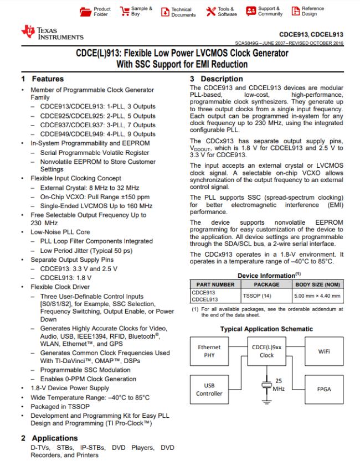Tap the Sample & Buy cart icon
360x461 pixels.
point(123,11)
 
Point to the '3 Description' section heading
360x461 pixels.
point(213,79)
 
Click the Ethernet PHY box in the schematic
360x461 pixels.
point(209,351)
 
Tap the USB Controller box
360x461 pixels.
point(209,389)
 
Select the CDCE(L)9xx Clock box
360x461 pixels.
point(267,351)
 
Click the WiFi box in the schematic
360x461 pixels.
point(324,351)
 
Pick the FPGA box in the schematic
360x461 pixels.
point(324,389)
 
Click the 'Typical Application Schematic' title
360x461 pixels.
point(266,329)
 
